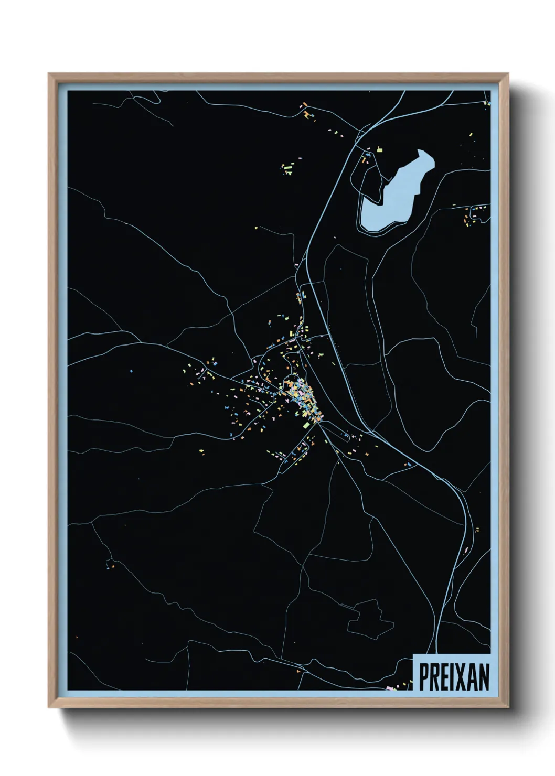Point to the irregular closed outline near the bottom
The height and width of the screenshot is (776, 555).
tap(370, 619)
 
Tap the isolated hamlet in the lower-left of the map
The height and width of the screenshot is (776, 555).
tap(111, 565)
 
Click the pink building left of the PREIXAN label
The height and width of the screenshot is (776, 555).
tap(389, 687)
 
